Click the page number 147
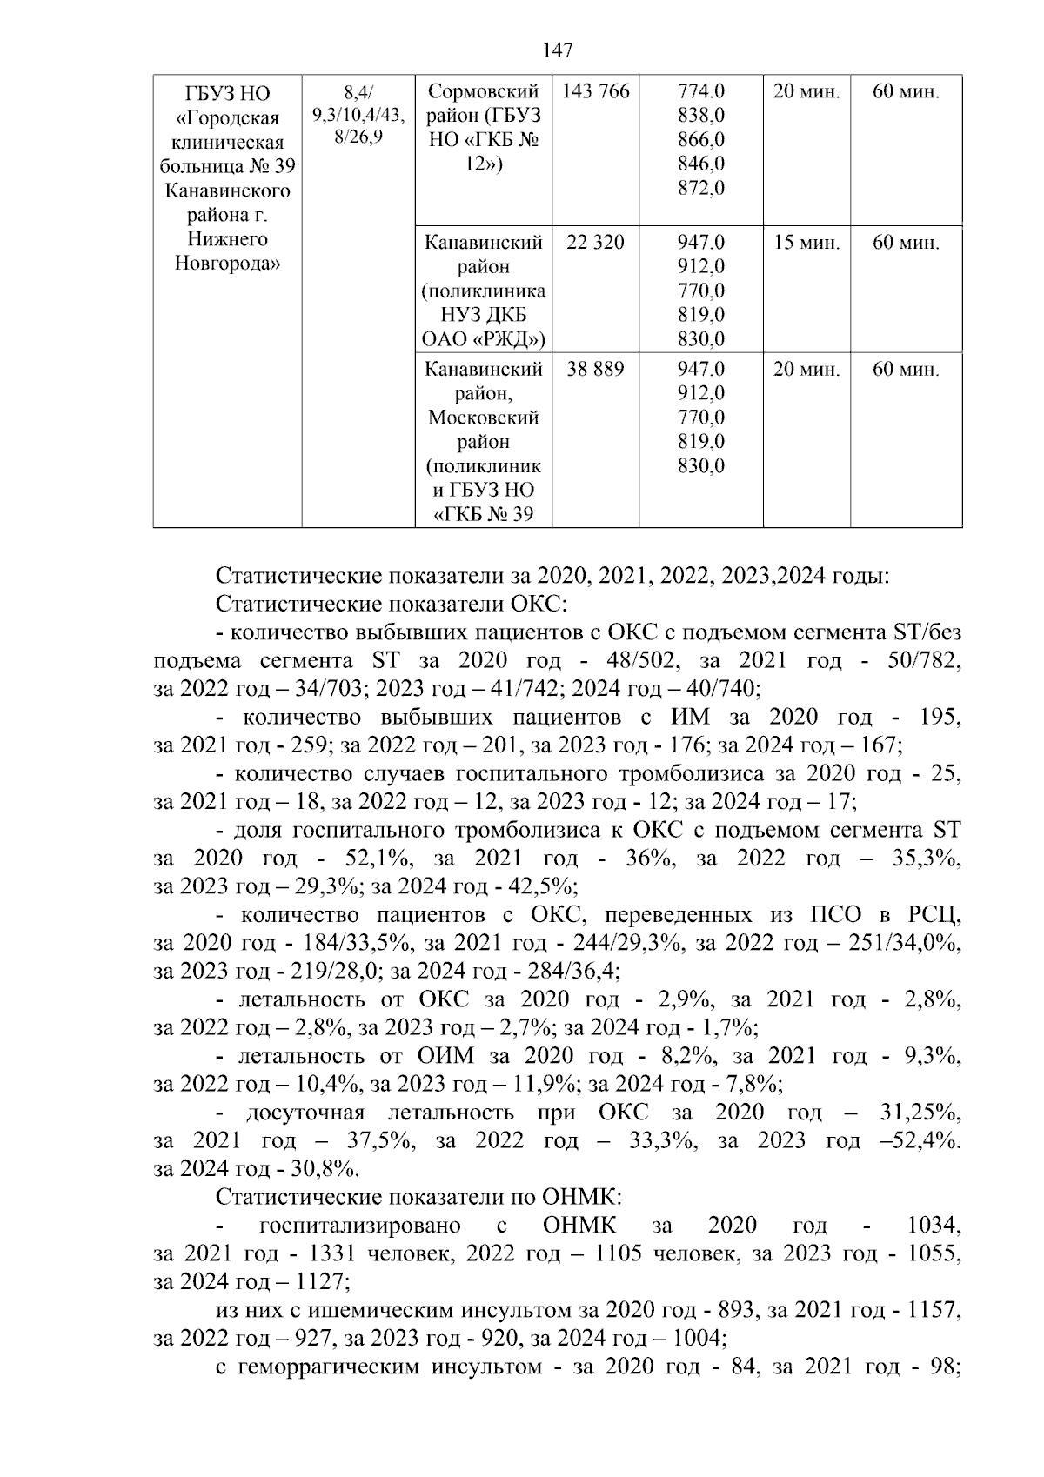tap(557, 50)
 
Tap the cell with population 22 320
tap(595, 243)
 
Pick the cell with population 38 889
tap(595, 370)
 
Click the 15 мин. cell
tap(806, 243)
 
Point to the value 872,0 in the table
tap(701, 188)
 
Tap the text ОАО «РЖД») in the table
tap(484, 339)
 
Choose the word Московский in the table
tap(484, 418)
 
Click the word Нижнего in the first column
tap(227, 239)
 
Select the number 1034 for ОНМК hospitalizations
tap(934, 1226)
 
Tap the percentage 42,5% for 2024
tap(545, 886)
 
